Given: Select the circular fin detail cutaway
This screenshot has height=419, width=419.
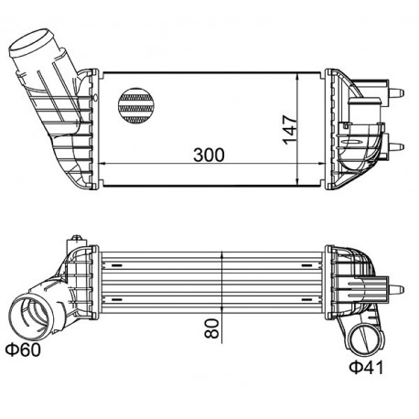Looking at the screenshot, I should (x=138, y=105).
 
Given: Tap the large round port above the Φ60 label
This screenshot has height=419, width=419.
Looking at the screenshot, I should (x=34, y=315).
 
